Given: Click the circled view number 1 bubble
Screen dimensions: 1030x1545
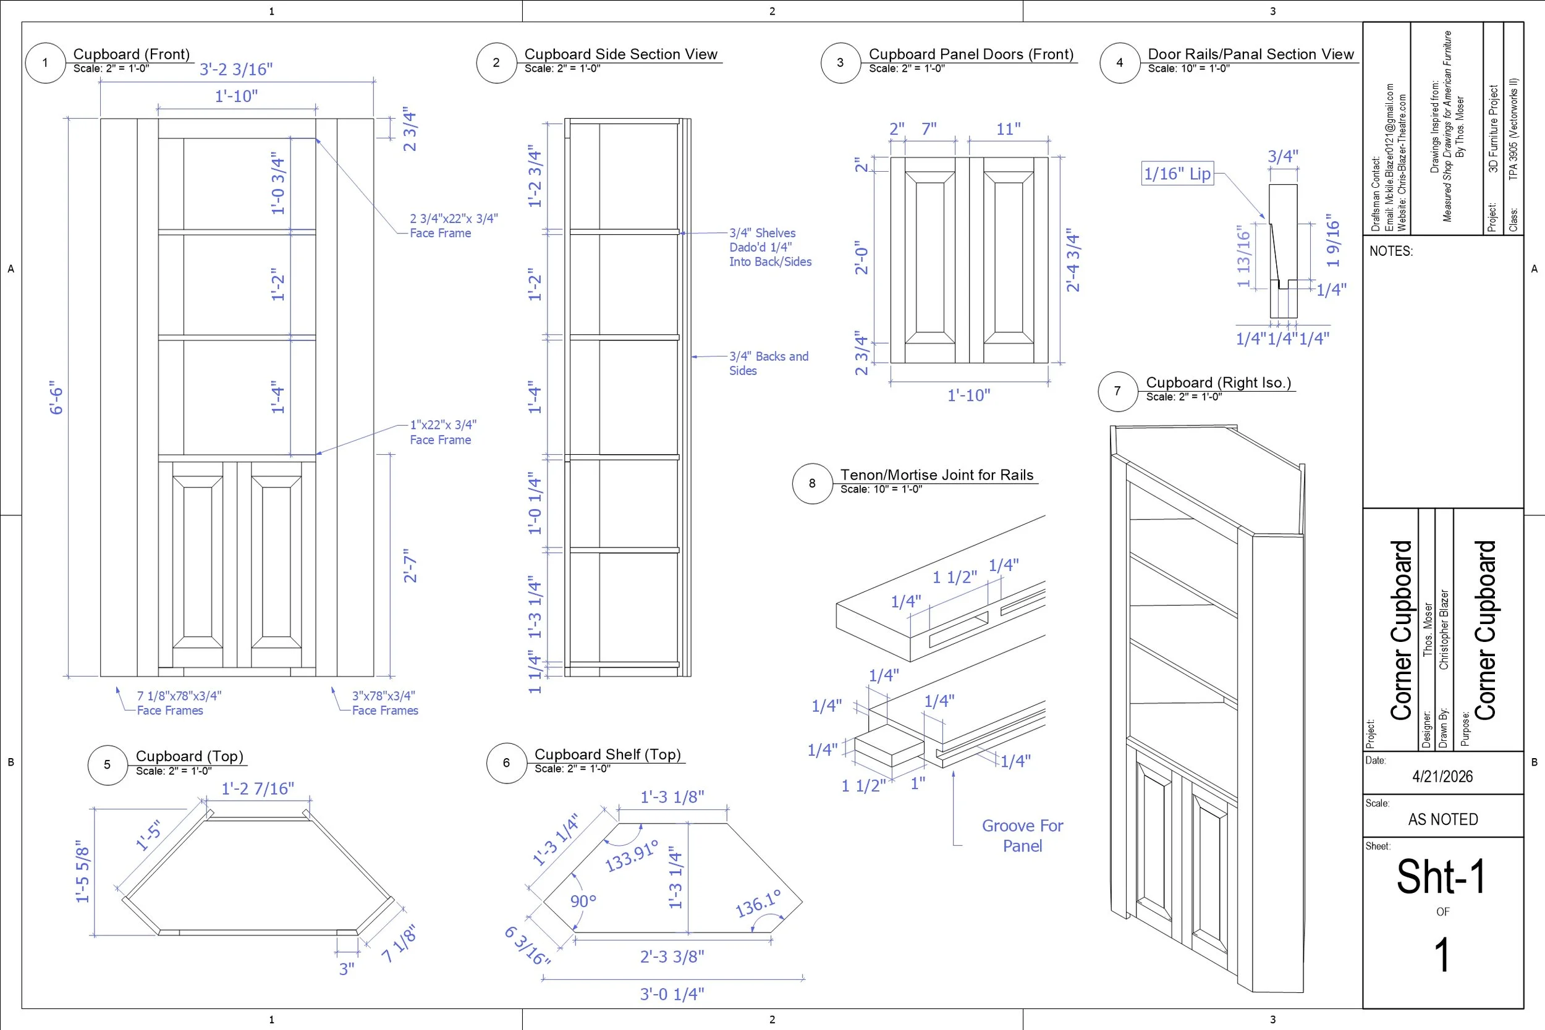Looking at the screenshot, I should point(45,63).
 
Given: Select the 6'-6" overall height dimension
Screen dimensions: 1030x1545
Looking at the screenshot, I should point(57,397).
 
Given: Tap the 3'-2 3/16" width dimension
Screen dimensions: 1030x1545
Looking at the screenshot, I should point(236,70).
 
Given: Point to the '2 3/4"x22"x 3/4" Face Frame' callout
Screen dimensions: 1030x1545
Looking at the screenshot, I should point(453,226).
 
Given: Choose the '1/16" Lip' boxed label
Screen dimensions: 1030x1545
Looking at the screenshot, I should point(1177,174).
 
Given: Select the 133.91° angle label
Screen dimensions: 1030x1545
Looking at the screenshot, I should point(630,856).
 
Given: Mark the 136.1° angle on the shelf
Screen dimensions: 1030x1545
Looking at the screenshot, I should point(758,904).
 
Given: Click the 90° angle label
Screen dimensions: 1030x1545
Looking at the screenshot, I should point(583,901).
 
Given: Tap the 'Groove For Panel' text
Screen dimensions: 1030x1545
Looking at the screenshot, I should point(1022,835).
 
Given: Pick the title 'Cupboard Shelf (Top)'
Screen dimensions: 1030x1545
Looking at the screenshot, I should point(607,754).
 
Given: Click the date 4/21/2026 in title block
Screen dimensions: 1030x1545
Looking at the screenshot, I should point(1442,777).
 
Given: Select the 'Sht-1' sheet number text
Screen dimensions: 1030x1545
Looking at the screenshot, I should point(1441,876).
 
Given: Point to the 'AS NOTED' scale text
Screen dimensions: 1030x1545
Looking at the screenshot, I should point(1442,819).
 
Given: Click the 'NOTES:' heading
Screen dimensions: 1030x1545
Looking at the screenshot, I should point(1390,251).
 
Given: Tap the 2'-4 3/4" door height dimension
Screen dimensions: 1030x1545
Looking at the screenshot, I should point(1073,260).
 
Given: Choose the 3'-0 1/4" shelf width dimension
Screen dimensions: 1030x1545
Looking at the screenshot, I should point(671,994).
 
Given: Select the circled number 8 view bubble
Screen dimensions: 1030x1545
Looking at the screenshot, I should point(812,483).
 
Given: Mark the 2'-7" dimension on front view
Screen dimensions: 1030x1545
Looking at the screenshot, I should point(410,565).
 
